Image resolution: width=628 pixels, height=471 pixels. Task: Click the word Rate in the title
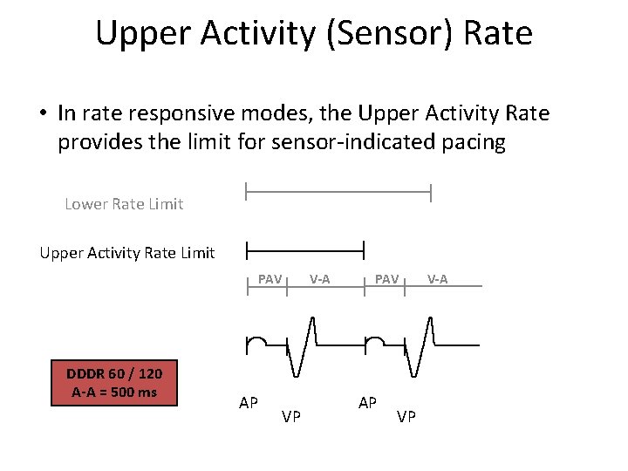pyautogui.click(x=500, y=33)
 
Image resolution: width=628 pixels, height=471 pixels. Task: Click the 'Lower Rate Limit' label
pyautogui.click(x=124, y=204)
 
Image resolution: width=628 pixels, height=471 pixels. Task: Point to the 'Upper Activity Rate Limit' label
pyautogui.click(x=126, y=253)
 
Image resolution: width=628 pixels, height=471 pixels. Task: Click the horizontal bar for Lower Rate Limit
pyautogui.click(x=338, y=191)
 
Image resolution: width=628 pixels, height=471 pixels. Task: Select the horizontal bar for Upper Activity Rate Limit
pyautogui.click(x=304, y=251)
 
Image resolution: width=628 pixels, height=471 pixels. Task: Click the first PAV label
pyautogui.click(x=270, y=279)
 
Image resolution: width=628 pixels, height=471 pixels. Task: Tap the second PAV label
pyautogui.click(x=386, y=279)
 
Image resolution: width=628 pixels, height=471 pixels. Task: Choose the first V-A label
pyautogui.click(x=319, y=279)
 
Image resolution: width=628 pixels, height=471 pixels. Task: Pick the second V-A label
pyautogui.click(x=437, y=279)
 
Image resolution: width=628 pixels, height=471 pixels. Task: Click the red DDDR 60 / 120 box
pyautogui.click(x=114, y=383)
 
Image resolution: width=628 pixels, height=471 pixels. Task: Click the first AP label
pyautogui.click(x=249, y=403)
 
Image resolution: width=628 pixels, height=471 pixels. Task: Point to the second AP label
pyautogui.click(x=367, y=403)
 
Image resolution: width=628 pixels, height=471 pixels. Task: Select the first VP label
pyautogui.click(x=291, y=417)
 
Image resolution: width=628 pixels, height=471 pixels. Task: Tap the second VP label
pyautogui.click(x=406, y=417)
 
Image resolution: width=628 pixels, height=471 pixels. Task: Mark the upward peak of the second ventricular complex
pyautogui.click(x=430, y=317)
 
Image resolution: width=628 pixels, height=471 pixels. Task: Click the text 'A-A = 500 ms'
pyautogui.click(x=114, y=392)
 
